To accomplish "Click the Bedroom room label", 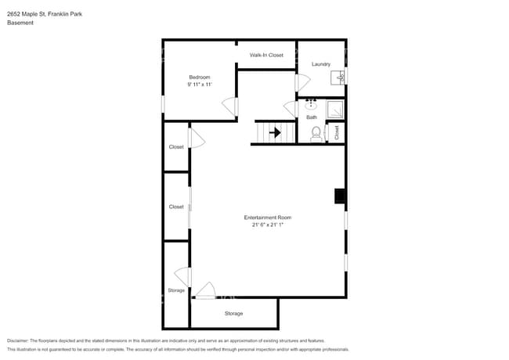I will [199, 77].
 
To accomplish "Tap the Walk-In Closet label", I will [266, 55].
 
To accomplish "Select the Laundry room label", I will [320, 64].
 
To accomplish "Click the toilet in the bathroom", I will [316, 134].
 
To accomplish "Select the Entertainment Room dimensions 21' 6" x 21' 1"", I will [267, 225].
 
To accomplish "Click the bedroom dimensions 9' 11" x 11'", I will [199, 85].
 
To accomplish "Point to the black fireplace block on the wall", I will [340, 196].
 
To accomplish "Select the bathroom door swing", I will [290, 110].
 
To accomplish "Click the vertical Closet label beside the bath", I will [337, 133].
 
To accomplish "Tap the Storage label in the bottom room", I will [233, 314].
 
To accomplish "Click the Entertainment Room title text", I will [267, 218].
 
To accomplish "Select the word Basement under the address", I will [20, 23].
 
